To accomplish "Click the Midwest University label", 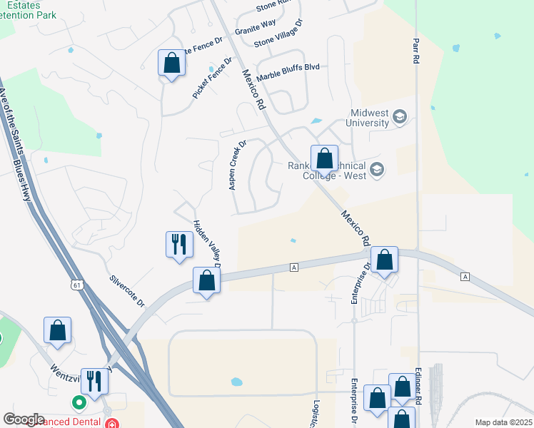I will (x=369, y=118).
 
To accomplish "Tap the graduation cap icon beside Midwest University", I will (x=400, y=116).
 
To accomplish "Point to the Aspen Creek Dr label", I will (x=237, y=165).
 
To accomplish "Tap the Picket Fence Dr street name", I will (x=212, y=78).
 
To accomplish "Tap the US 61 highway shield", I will (x=76, y=285).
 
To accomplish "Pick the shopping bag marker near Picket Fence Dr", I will (x=171, y=63).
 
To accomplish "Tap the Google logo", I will (x=24, y=419).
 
